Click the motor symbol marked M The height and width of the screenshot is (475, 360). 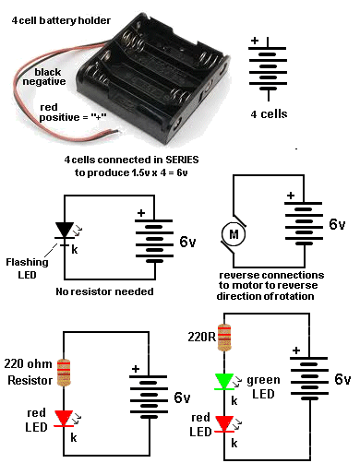234,234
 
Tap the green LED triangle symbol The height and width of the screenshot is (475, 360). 224,382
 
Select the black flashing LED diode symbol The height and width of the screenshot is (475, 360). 65,231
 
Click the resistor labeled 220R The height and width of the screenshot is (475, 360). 224,338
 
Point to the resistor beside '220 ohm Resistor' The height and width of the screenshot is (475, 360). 64,372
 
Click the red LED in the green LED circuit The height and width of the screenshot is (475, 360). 224,424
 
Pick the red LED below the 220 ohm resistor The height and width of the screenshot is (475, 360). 64,419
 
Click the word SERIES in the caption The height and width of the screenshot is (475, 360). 182,160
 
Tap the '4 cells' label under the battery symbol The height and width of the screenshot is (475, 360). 269,114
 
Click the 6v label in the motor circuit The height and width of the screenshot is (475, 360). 337,224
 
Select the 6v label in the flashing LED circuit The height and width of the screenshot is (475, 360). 187,242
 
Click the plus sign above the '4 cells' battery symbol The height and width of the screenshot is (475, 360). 255,41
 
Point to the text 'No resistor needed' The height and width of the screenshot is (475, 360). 104,291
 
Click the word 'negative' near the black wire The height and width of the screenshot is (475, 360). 44,82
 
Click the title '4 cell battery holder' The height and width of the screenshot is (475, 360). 61,20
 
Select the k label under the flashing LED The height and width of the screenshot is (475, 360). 75,249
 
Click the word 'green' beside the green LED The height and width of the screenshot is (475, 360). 263,381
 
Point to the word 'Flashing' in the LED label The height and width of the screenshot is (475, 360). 27,263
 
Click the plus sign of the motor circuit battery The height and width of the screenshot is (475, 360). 291,196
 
